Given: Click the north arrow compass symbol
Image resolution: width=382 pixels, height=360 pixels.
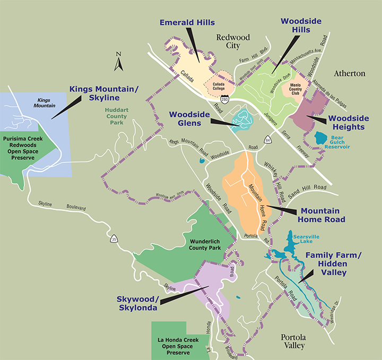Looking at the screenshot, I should point(119,61).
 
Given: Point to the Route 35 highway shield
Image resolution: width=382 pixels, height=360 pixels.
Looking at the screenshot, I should point(114,239).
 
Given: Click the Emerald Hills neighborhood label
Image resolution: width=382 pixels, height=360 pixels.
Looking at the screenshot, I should point(187,22).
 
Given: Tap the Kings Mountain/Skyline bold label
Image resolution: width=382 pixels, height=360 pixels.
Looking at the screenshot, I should point(103,94).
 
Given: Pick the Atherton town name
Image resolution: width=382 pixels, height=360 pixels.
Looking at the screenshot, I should point(350,73).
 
